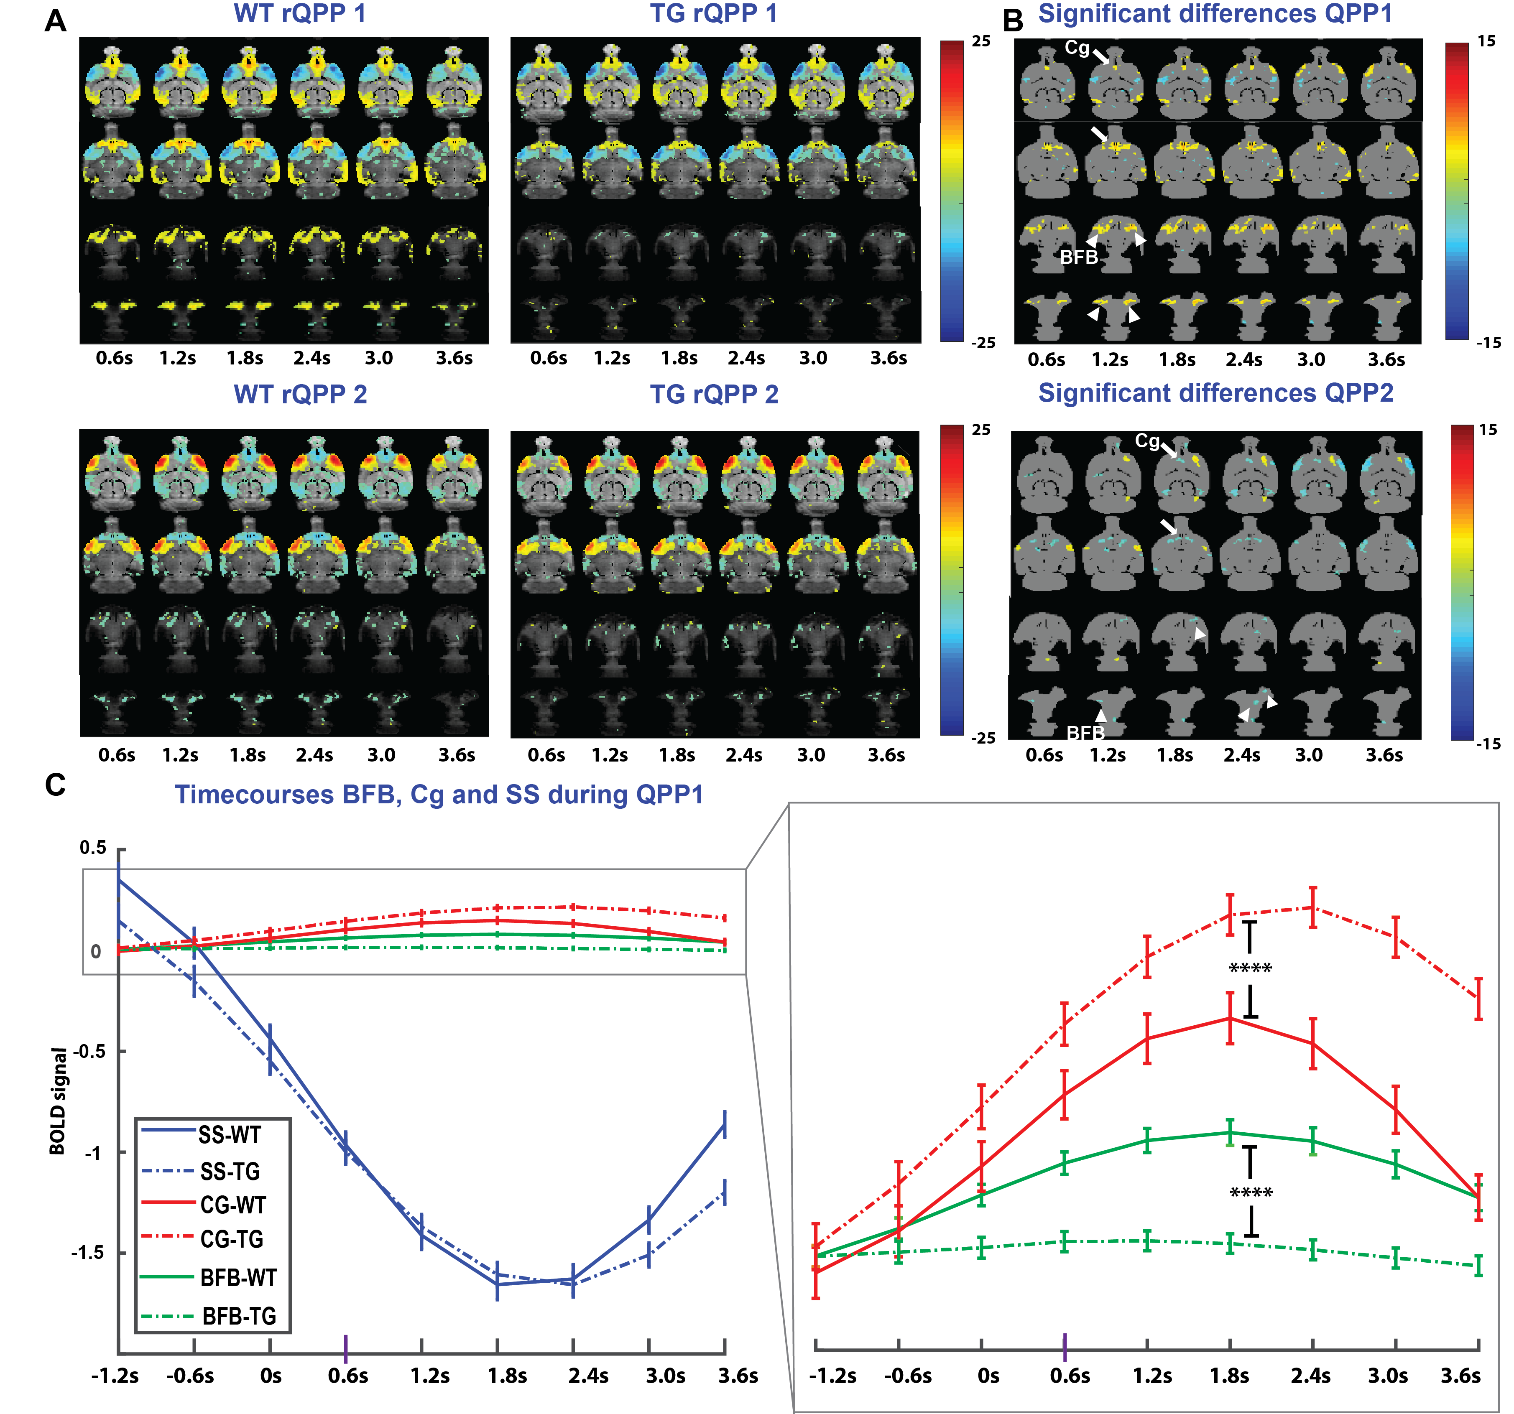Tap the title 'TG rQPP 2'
(714, 395)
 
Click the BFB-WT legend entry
(238, 1278)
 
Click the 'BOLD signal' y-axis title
(58, 1101)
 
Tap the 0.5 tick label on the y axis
(93, 848)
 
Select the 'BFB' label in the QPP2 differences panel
(1085, 733)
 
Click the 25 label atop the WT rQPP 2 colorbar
(982, 430)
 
